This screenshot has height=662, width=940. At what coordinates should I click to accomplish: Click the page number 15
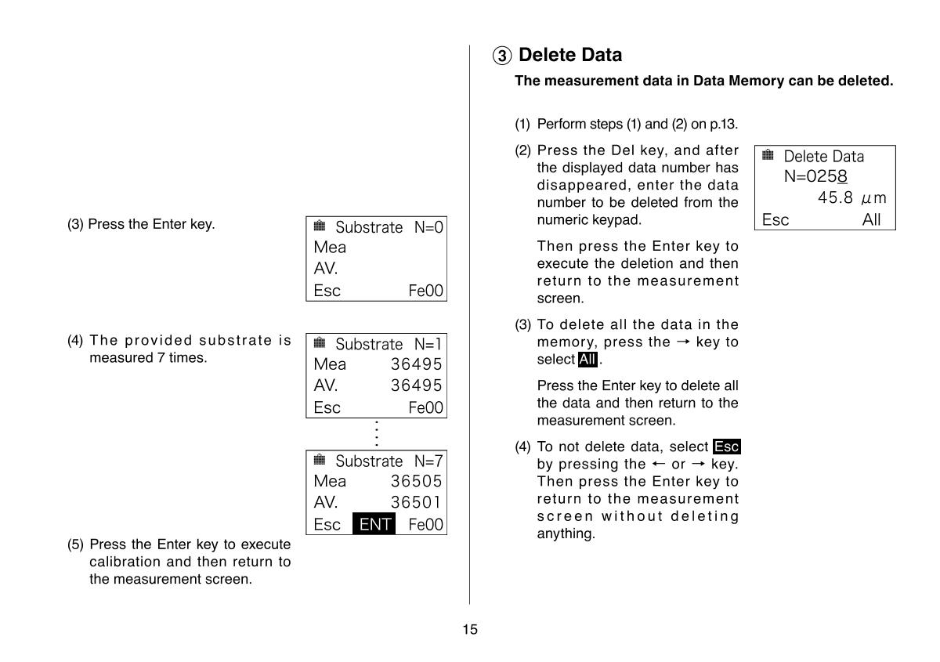[470, 629]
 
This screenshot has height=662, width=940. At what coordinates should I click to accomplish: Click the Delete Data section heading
[570, 55]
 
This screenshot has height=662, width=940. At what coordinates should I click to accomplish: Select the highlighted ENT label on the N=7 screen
[374, 524]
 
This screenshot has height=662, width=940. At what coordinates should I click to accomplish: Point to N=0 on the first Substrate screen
[428, 227]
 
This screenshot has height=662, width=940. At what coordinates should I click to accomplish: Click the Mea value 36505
[416, 481]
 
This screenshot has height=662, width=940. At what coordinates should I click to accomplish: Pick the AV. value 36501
[416, 502]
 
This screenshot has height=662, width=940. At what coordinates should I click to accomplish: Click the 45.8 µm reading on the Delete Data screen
[851, 198]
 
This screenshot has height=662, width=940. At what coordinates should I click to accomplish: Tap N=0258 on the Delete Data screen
[815, 177]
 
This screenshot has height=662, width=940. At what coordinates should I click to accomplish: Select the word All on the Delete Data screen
[871, 219]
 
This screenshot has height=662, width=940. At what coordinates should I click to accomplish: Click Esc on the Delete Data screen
[775, 219]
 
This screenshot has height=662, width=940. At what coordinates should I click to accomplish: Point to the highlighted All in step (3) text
[587, 360]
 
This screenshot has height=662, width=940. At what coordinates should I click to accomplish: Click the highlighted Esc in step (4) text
[727, 447]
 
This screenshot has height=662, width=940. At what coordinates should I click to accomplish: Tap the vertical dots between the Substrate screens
[377, 434]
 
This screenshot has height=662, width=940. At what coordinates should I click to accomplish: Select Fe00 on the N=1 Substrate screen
[425, 407]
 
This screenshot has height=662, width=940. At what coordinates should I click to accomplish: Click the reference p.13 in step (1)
[725, 125]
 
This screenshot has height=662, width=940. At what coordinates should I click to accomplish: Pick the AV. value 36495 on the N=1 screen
[416, 385]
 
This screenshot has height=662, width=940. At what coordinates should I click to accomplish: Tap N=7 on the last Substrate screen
[428, 461]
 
